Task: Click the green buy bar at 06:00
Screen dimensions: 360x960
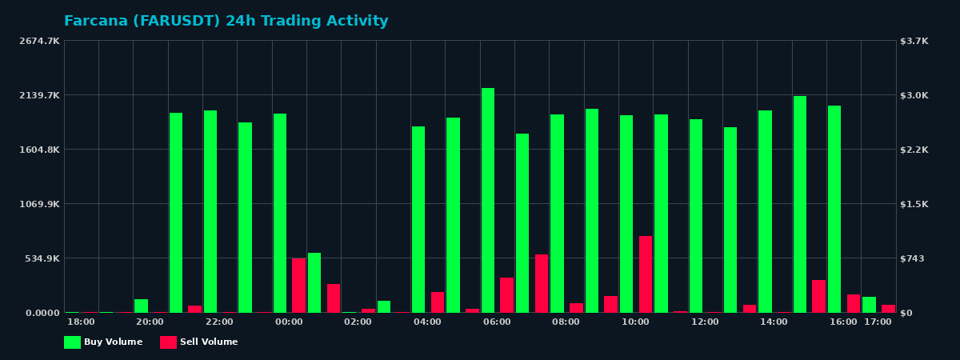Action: [x=488, y=200]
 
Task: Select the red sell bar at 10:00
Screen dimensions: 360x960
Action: [x=646, y=274]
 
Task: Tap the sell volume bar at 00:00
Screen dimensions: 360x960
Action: [x=298, y=286]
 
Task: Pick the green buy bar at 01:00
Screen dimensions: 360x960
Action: [x=314, y=282]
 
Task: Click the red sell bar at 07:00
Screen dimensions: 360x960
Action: [x=542, y=283]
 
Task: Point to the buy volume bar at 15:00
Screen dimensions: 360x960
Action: [x=800, y=204]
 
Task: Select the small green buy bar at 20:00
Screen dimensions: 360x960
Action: [x=141, y=306]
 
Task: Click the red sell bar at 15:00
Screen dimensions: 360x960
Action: [x=818, y=296]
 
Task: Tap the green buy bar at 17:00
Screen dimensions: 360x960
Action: [x=869, y=305]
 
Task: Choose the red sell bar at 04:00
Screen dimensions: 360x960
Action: [x=438, y=302]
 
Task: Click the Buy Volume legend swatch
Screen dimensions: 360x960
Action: [x=72, y=342]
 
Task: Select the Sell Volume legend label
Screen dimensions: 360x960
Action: [x=209, y=342]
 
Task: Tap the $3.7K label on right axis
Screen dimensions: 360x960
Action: [x=914, y=41]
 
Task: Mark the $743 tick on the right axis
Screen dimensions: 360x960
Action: [x=912, y=258]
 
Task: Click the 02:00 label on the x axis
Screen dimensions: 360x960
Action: [x=358, y=322]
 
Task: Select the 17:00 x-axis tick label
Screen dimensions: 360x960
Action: [x=878, y=322]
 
